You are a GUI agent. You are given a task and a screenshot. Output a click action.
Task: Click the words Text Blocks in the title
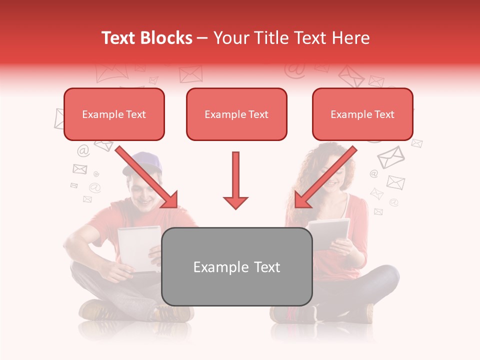(147, 38)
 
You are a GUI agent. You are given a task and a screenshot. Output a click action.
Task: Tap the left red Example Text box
(114, 114)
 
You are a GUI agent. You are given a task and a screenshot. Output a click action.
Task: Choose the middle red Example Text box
(236, 114)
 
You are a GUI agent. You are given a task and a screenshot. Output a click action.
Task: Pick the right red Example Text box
(362, 114)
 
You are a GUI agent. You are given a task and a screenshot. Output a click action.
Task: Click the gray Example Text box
(236, 266)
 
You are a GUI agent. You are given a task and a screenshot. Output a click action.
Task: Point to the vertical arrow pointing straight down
(235, 180)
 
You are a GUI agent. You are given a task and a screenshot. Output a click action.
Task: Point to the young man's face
(142, 192)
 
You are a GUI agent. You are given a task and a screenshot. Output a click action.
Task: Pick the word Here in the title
(353, 38)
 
